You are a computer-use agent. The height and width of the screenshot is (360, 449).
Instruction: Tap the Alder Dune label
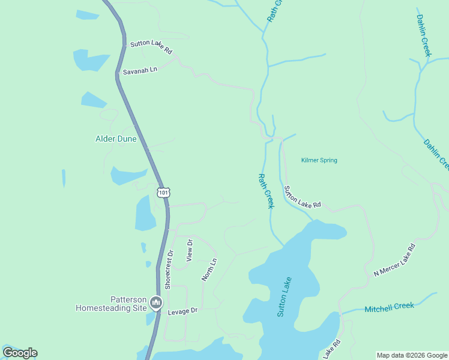(x=116, y=139)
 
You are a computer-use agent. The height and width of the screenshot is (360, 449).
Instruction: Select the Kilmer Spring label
(x=319, y=160)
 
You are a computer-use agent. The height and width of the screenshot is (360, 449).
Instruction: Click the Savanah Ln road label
(x=140, y=71)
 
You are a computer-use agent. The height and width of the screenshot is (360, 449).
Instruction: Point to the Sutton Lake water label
(x=285, y=296)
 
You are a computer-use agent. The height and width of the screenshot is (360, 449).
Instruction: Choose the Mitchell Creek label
(x=389, y=307)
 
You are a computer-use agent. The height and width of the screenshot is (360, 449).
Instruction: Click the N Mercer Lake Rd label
(x=394, y=260)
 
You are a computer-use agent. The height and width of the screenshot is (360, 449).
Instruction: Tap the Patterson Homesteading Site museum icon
(x=157, y=302)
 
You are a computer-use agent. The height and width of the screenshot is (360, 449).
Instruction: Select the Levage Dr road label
(x=182, y=311)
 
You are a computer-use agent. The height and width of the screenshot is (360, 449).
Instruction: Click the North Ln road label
(x=208, y=269)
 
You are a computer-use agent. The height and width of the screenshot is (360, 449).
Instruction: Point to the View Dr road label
(x=190, y=250)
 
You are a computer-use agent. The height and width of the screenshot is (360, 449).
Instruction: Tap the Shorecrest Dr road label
(x=169, y=269)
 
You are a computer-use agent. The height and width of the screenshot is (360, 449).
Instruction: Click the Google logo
(x=20, y=353)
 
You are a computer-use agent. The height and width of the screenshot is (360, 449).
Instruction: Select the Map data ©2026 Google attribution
(x=412, y=355)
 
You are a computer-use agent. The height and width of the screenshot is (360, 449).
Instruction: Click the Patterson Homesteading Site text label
(x=112, y=304)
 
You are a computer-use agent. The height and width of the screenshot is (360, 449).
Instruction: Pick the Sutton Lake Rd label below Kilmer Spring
(x=303, y=197)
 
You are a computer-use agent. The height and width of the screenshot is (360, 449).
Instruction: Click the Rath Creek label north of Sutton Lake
(x=265, y=191)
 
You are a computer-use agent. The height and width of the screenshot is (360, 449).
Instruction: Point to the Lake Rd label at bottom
(x=332, y=347)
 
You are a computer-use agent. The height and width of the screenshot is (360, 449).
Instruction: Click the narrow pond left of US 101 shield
(x=64, y=178)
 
